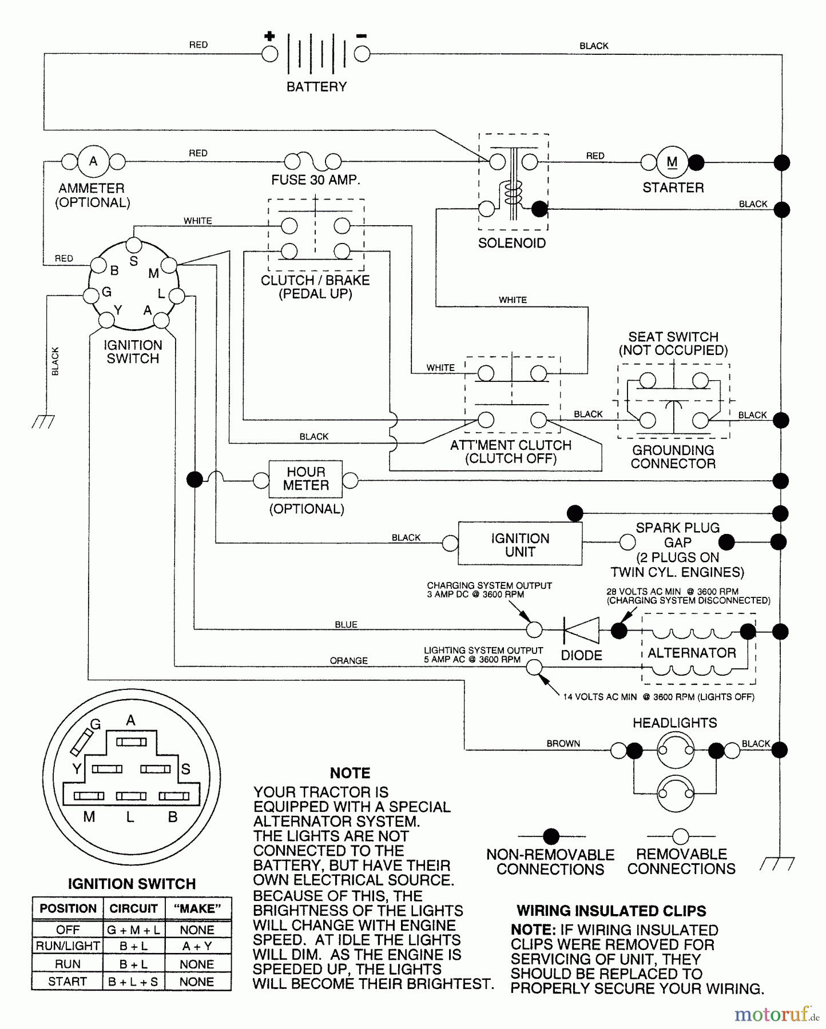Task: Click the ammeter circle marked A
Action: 93,162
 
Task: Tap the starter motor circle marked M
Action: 672,162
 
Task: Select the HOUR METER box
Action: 305,479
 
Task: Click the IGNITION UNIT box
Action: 520,544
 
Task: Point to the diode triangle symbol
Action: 582,631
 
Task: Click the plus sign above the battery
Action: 269,37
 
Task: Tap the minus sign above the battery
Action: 362,37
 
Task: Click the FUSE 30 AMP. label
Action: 315,180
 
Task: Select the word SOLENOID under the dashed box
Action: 512,244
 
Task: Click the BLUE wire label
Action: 346,625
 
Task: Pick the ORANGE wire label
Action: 348,661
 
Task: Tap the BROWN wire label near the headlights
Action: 563,744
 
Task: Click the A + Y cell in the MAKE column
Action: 197,947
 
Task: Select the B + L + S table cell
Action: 133,982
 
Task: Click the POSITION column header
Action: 68,909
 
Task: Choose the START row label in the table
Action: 67,982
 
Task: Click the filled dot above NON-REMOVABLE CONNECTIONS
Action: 551,836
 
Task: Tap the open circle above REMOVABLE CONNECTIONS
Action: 681,836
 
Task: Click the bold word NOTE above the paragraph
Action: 350,773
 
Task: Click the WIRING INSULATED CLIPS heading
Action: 611,911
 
